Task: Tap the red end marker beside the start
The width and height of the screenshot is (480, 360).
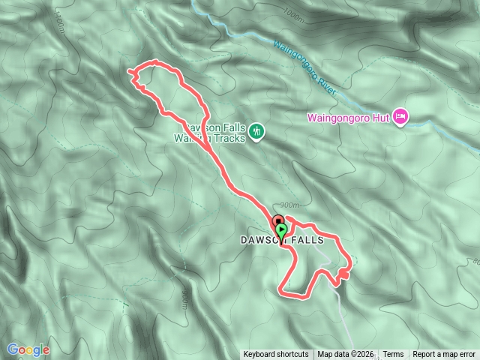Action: click(x=275, y=223)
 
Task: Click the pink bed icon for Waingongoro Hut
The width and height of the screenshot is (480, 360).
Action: click(x=400, y=117)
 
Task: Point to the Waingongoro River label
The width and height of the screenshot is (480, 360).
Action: click(x=304, y=67)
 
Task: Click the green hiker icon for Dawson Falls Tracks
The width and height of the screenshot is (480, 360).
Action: click(x=257, y=130)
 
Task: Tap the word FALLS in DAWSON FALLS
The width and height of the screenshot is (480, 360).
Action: click(x=306, y=241)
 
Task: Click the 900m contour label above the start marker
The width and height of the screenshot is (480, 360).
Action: click(x=288, y=205)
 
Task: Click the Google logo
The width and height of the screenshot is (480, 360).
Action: click(x=28, y=349)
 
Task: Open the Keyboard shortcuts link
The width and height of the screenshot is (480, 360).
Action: click(x=276, y=355)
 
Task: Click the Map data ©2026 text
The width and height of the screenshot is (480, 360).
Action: click(x=345, y=355)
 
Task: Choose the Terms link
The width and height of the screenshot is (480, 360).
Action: click(x=393, y=355)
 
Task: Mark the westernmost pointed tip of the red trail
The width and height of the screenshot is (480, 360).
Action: click(x=129, y=72)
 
